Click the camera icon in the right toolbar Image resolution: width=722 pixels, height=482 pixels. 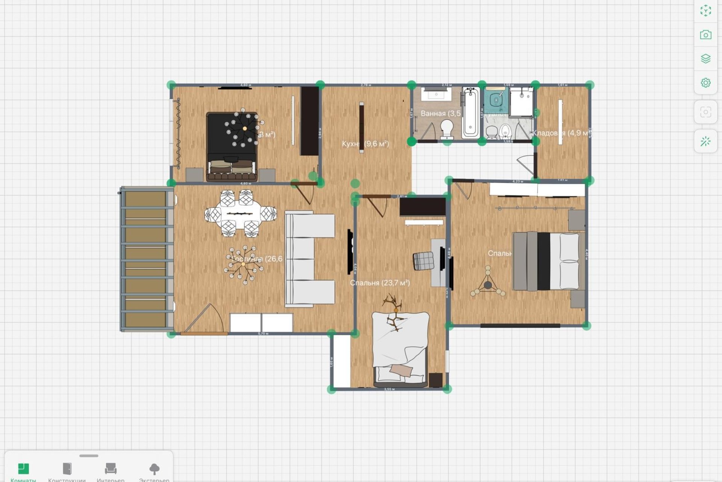(x=705, y=35)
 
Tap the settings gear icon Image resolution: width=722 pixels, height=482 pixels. (x=705, y=82)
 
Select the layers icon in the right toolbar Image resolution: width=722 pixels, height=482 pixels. (x=705, y=59)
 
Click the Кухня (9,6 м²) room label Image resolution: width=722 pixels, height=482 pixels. (x=365, y=144)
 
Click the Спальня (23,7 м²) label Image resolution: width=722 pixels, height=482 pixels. (x=380, y=283)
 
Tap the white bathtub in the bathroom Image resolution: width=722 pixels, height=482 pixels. (x=470, y=112)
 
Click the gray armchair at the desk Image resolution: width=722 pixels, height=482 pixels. (x=423, y=261)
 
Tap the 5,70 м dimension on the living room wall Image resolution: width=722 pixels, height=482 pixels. (x=263, y=334)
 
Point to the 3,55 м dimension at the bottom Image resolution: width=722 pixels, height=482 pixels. (x=389, y=389)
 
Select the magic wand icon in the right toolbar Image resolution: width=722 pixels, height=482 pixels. (x=705, y=142)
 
